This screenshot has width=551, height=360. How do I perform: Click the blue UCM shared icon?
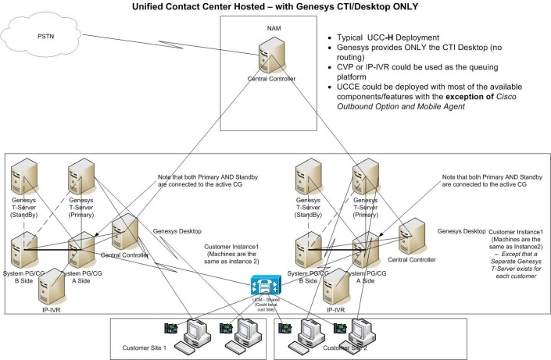260,284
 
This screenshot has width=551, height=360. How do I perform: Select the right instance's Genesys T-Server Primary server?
364,176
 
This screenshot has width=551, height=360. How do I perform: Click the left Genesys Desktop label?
177,231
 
